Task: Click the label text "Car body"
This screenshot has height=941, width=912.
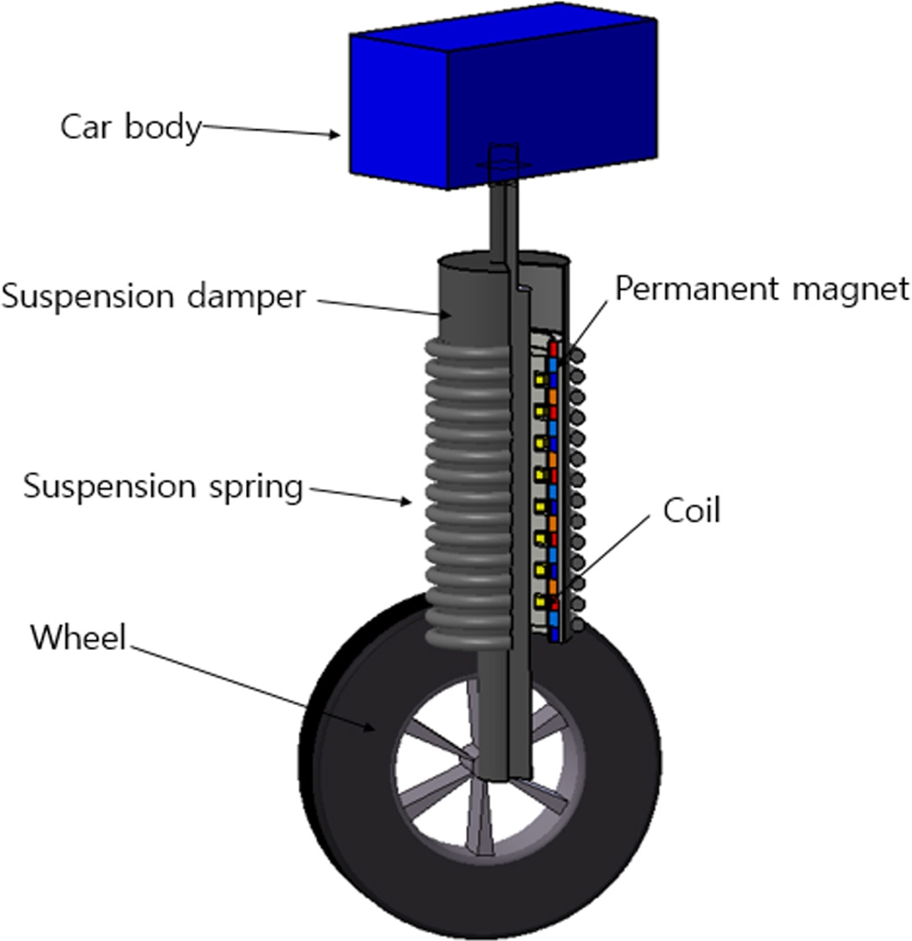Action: (130, 126)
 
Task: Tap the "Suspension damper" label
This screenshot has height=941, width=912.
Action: (152, 296)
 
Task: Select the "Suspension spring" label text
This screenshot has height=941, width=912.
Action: (163, 486)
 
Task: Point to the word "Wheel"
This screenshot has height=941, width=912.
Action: (77, 637)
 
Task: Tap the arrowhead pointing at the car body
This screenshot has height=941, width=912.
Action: (338, 135)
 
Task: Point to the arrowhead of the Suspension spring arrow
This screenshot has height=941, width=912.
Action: (407, 502)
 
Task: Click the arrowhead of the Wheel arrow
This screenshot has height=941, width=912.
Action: (373, 729)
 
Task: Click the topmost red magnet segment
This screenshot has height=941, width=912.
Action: (553, 347)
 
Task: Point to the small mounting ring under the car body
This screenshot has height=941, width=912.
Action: (503, 166)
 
